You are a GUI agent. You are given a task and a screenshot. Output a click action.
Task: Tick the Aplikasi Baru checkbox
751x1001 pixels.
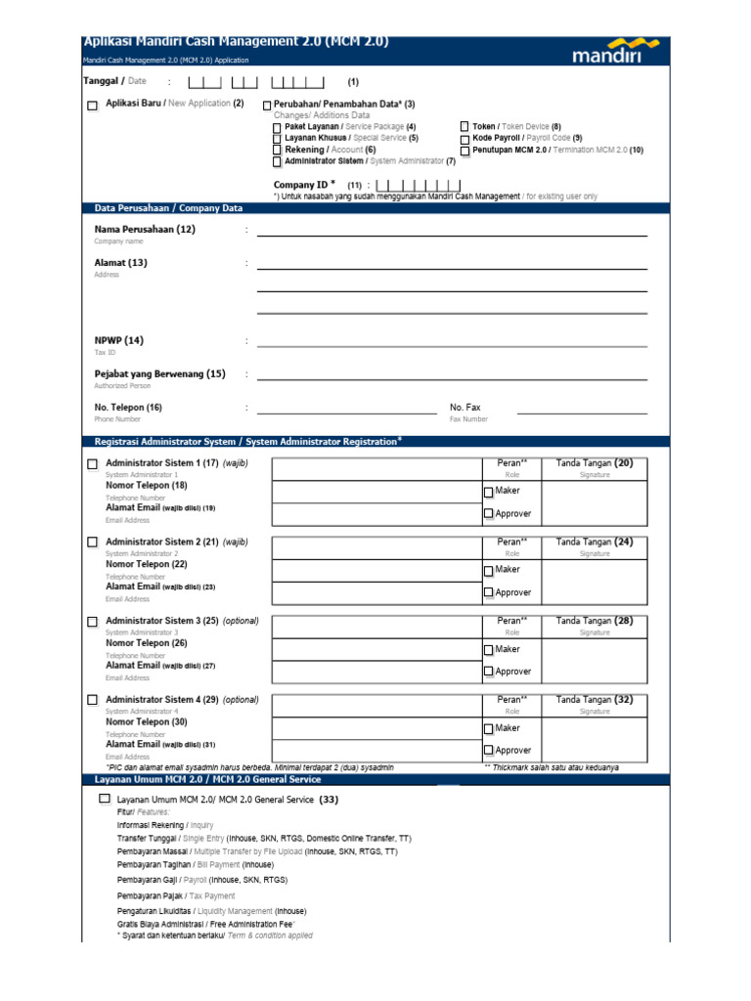tap(92, 105)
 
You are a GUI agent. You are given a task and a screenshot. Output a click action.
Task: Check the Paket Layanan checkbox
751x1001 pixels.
tap(277, 127)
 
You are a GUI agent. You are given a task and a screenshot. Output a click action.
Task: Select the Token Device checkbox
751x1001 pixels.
tap(464, 127)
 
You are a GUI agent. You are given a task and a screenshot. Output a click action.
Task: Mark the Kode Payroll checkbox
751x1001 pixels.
tap(464, 139)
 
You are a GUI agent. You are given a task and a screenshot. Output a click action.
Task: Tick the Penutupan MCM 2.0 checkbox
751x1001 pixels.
tap(464, 151)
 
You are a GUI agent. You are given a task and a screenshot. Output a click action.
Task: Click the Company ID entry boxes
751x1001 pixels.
tap(418, 185)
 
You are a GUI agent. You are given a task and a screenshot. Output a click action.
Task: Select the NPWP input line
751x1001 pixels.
tap(451, 344)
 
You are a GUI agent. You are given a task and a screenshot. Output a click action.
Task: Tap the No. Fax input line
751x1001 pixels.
tap(582, 412)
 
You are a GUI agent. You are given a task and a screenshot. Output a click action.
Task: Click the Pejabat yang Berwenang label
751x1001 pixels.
tap(159, 373)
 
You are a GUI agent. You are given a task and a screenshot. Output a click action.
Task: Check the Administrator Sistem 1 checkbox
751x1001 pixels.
tap(92, 463)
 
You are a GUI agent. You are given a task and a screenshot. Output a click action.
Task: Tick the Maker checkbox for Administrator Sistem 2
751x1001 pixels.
tap(489, 570)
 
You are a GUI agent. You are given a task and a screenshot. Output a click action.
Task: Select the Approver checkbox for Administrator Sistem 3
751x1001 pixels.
tap(489, 673)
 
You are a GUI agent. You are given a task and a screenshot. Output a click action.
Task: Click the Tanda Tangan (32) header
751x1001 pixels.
tap(595, 700)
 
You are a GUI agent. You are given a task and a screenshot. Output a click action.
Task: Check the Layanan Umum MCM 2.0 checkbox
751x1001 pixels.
tap(105, 799)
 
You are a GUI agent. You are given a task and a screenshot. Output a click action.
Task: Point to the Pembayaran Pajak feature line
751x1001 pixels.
tap(176, 895)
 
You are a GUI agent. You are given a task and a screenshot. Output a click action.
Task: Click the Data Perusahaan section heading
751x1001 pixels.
tap(168, 208)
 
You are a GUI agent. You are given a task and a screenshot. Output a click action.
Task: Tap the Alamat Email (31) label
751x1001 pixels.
tap(160, 744)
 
